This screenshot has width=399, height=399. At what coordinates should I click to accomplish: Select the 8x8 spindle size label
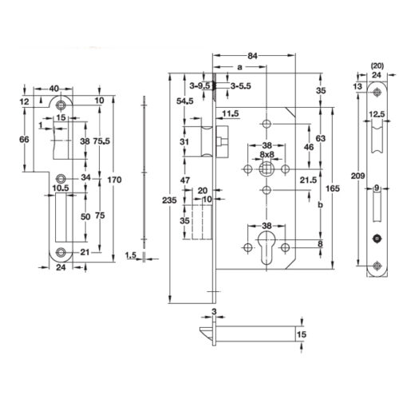267,154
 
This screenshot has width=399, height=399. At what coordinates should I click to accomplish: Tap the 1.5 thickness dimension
133,255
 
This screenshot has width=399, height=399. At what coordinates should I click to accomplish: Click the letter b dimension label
320,205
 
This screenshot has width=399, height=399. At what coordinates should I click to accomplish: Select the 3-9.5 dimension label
199,85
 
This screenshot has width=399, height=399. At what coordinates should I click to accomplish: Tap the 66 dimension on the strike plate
23,140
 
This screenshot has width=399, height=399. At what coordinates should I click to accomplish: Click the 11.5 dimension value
231,113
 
